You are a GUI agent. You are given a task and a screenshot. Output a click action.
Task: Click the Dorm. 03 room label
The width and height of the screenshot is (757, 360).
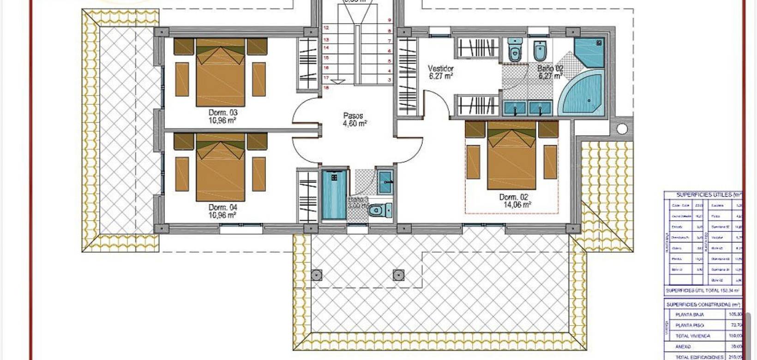coord(223,113)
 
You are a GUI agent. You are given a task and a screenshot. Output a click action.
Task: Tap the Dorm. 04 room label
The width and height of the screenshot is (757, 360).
coord(223,208)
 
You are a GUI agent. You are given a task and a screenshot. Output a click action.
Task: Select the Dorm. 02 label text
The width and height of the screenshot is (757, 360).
coord(513,197)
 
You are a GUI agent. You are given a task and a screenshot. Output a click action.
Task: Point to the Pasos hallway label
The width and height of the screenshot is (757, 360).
coord(353,116)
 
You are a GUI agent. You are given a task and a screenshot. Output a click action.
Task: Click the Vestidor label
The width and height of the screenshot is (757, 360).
coord(441,69)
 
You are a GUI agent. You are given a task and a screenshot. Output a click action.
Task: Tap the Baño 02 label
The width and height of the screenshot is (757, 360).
coord(550,68)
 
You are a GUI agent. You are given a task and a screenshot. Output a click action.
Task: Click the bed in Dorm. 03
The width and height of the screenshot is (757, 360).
coord(221,74)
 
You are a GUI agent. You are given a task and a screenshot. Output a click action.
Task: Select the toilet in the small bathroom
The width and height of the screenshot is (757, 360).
coord(379,211)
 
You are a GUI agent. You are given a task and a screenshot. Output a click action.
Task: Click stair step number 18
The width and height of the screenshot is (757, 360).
coord(326,87)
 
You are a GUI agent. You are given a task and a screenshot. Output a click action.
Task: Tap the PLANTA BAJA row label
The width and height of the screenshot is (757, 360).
coord(690,315)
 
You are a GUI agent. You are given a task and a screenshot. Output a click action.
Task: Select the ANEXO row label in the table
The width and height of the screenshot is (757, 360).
coord(683,347)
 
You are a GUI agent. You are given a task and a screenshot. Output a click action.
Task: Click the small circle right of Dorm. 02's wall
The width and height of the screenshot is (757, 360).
coord(622,129)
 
